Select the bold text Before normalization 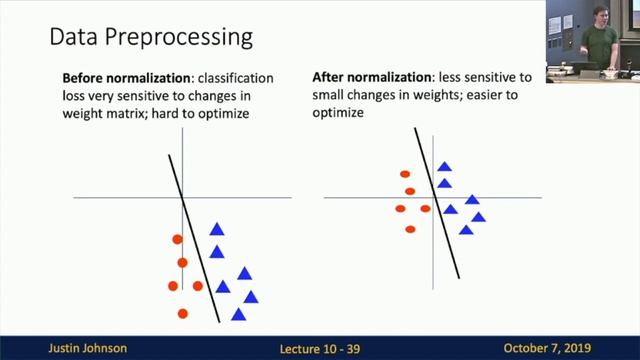pyautogui.click(x=127, y=78)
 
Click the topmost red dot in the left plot pyautogui.click(x=177, y=239)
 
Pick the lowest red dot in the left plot pyautogui.click(x=182, y=314)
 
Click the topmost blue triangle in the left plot pyautogui.click(x=217, y=230)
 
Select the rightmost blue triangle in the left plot pyautogui.click(x=250, y=296)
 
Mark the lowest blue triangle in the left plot pyautogui.click(x=238, y=314)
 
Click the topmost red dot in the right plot pyautogui.click(x=405, y=174)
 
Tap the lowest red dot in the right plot pyautogui.click(x=410, y=229)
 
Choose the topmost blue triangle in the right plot pyautogui.click(x=444, y=167)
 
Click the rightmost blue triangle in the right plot pyautogui.click(x=478, y=217)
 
